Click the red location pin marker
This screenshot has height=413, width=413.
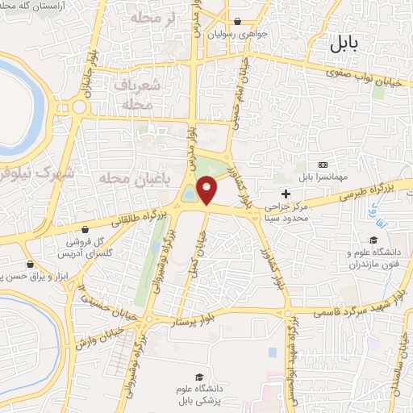(208, 191)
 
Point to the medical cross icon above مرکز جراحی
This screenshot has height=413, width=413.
(286, 193)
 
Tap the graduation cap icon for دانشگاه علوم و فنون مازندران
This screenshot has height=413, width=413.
(373, 240)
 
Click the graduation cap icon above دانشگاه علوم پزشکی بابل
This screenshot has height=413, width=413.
(198, 377)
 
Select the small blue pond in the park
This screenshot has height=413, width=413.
(189, 194)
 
